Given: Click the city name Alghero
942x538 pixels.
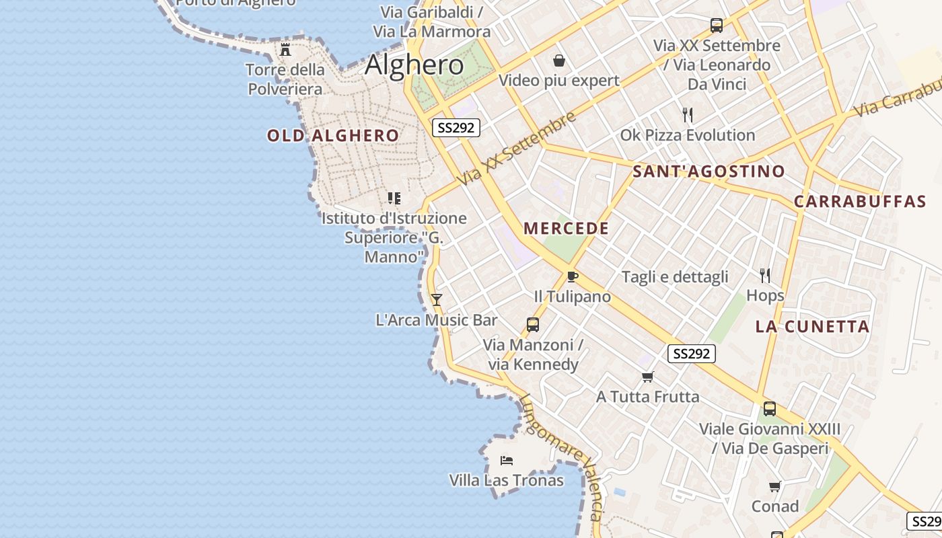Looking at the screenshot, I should (x=414, y=65).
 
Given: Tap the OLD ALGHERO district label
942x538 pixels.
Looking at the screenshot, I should (x=333, y=136).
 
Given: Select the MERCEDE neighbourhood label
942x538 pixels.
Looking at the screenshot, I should (x=566, y=229).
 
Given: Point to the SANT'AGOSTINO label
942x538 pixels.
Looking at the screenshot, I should (x=709, y=171).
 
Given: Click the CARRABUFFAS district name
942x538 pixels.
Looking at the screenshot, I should (x=860, y=202).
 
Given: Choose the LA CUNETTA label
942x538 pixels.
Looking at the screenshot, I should (x=812, y=328).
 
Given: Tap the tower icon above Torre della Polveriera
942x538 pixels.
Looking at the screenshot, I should (x=285, y=49).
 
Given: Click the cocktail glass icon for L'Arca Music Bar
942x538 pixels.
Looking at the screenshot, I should (x=437, y=299).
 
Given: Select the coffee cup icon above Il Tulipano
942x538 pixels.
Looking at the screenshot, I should (x=572, y=276).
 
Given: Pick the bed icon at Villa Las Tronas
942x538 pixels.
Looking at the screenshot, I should (x=507, y=461).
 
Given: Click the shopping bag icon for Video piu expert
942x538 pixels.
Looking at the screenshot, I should (x=558, y=61).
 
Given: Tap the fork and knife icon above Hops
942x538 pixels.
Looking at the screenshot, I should (x=765, y=275).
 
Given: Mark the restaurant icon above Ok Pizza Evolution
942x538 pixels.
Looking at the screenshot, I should (x=687, y=115).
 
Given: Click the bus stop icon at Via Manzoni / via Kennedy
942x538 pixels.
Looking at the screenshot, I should (x=533, y=325).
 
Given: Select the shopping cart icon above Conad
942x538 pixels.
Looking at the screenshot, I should (x=774, y=486).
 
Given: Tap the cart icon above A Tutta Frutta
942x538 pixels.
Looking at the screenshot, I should (x=647, y=377).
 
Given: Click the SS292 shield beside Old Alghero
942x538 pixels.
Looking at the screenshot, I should (x=456, y=128).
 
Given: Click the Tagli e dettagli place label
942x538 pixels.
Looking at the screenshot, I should (x=675, y=277).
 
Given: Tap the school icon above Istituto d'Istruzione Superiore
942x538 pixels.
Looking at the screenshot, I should (x=394, y=198).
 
